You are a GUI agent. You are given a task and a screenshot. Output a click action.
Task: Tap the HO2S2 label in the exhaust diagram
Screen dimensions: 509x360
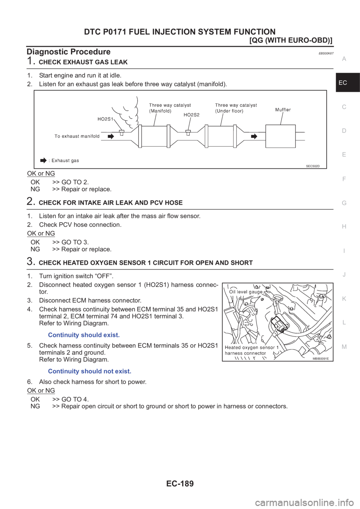[191, 115]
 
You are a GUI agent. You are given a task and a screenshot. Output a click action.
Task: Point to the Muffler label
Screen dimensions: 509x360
[283, 110]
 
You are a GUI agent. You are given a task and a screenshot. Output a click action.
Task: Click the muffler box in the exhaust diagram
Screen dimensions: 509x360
[280, 136]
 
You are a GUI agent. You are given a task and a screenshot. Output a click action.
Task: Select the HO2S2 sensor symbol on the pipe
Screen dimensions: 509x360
[188, 132]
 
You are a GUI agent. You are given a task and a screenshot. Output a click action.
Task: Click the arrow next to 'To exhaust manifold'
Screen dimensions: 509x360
[110, 136]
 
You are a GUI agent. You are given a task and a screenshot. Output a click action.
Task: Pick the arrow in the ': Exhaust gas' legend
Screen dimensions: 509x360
[43, 160]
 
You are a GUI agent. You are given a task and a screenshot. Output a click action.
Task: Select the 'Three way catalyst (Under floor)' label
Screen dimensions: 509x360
[236, 108]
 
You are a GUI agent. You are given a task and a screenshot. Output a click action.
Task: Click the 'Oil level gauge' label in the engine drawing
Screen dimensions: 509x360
[246, 292]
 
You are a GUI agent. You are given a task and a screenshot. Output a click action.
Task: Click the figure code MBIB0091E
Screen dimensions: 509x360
[321, 359]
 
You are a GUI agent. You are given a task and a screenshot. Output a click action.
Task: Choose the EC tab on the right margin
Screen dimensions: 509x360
[343, 82]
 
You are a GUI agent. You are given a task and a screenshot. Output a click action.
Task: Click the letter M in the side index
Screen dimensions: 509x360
[344, 347]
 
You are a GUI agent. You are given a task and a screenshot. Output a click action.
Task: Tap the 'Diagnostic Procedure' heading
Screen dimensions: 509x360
[68, 52]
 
